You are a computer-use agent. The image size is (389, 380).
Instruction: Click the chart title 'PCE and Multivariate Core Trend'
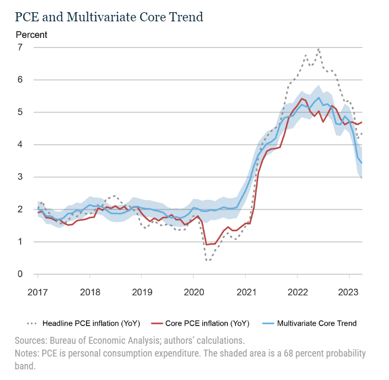(x=109, y=17)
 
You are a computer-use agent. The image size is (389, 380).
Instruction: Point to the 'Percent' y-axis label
(x=31, y=35)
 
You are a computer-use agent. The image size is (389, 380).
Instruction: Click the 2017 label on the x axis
(x=38, y=292)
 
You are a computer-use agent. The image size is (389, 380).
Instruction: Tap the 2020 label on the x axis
(x=193, y=292)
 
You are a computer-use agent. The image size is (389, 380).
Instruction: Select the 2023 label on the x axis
(x=349, y=292)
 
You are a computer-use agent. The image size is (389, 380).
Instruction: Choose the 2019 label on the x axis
(x=141, y=292)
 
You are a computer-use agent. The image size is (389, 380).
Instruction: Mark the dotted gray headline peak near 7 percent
(x=318, y=49)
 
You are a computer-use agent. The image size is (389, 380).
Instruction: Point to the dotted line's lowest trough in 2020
(x=208, y=261)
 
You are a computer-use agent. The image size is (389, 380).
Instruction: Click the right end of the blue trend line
(x=362, y=163)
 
